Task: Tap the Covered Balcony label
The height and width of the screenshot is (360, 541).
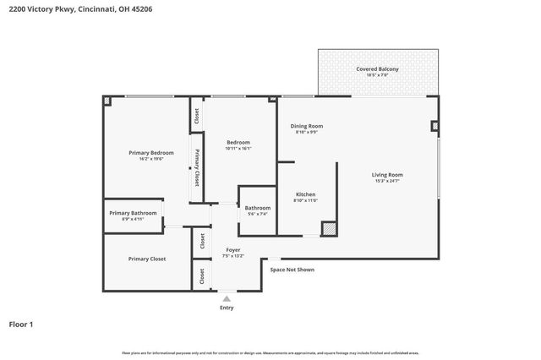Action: pos(377,68)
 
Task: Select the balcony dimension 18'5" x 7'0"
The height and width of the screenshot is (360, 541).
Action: pos(377,75)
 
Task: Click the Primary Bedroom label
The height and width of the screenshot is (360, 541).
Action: pos(150,152)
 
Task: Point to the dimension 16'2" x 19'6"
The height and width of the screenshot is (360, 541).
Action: pos(150,159)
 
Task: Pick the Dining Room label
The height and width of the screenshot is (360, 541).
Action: pos(307,126)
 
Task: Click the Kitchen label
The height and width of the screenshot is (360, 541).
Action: pos(304,194)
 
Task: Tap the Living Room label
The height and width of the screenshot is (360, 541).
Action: pos(387,175)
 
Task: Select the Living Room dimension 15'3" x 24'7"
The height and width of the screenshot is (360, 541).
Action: pos(387,182)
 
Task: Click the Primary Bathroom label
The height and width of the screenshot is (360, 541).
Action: pos(133,213)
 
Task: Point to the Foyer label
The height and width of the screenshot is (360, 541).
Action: pos(232,249)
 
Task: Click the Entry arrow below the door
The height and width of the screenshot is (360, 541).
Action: pos(227,298)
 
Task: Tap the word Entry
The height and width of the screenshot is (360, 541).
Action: pos(227,308)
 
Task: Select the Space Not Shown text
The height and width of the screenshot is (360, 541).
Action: pos(292,270)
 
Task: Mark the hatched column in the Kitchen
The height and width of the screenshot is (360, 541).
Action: pos(329,229)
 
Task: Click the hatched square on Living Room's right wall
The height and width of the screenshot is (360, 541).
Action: pos(434,127)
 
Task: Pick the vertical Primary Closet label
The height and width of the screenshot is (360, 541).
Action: pos(197,168)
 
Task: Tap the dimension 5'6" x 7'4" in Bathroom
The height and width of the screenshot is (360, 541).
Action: pos(257,214)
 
